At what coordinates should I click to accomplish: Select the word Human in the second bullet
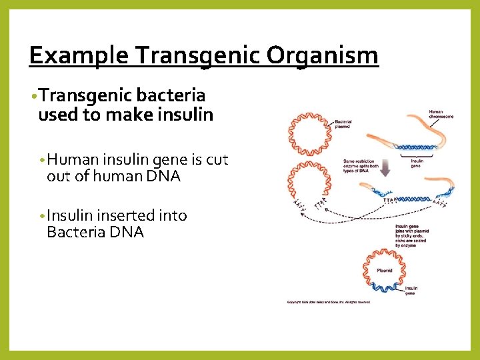point(72,160)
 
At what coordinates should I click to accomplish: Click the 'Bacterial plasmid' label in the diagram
point(344,123)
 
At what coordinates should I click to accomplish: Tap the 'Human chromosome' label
point(441,114)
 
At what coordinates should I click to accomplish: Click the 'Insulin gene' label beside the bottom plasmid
point(411,291)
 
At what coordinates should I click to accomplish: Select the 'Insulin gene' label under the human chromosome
point(417,162)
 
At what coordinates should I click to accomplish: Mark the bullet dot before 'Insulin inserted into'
point(42,217)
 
